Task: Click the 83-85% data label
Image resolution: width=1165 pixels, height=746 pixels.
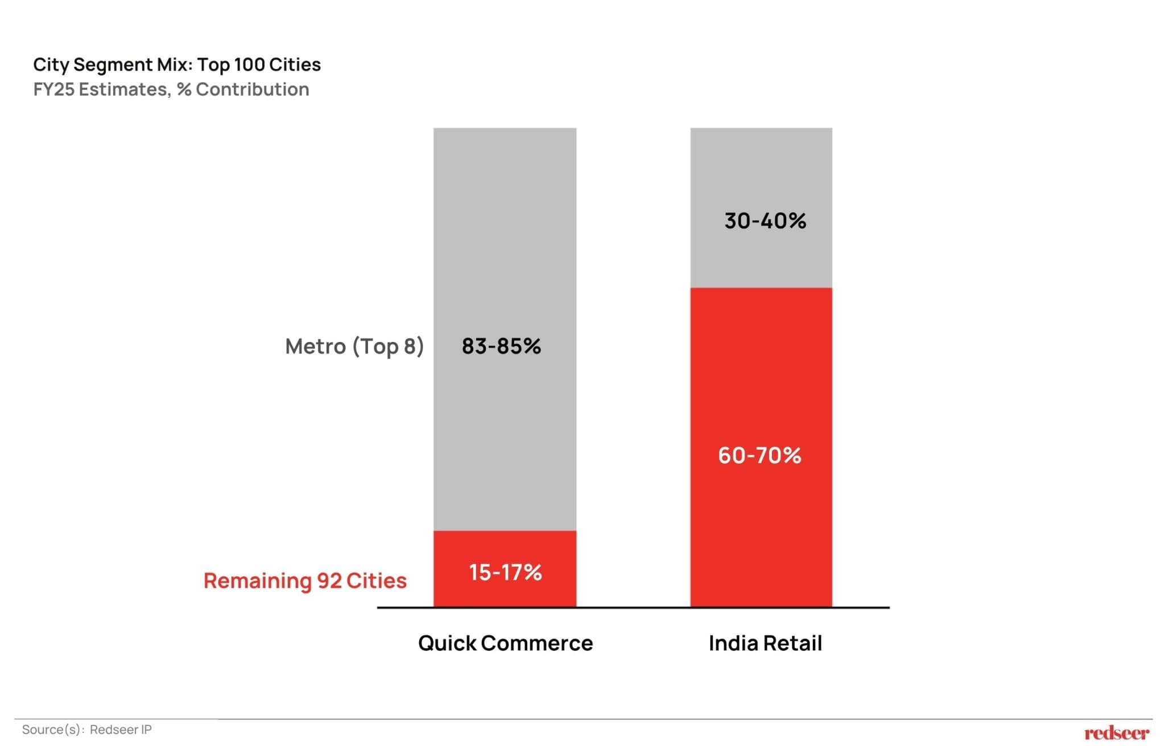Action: coord(501,346)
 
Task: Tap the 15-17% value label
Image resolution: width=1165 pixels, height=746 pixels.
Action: coord(505,572)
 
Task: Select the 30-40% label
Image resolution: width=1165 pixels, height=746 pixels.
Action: coord(765,221)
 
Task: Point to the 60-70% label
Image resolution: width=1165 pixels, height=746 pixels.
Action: coord(759,455)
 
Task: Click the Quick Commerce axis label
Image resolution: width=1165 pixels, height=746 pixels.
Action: coord(505,643)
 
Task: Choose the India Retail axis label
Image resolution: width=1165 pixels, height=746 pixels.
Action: coord(765,643)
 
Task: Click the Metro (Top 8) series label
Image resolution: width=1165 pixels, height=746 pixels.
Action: coord(354,346)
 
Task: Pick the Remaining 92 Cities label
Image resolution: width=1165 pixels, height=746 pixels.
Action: coord(305,580)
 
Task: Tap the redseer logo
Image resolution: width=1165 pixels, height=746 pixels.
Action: coord(1117,733)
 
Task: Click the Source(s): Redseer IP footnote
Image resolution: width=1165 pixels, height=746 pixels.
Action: coord(87,729)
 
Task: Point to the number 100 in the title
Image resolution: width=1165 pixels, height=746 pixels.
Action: coord(249,64)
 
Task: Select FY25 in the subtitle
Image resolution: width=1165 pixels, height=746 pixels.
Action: coord(54,89)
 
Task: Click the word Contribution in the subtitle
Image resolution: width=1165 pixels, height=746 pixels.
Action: coord(253,89)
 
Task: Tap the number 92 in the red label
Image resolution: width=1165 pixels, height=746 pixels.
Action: coord(329,580)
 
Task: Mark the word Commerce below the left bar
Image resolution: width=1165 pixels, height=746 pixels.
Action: coord(536,643)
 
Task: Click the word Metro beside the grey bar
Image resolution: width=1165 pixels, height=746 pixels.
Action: coord(315,346)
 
